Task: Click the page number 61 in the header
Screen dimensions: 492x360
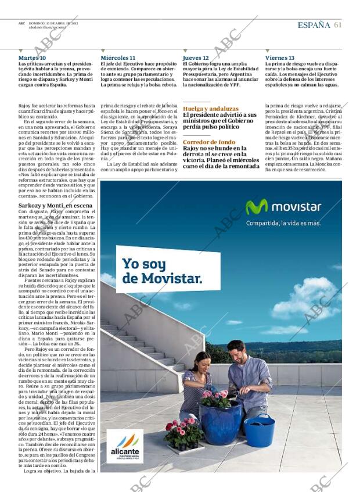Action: [338, 25]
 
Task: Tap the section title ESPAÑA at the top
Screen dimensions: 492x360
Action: [314, 25]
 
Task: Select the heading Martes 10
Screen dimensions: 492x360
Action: [32, 58]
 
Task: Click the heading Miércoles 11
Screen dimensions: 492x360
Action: [118, 58]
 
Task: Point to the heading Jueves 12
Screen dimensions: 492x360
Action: [196, 58]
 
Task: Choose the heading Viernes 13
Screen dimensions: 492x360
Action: [280, 58]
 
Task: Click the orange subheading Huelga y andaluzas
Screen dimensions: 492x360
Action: [210, 109]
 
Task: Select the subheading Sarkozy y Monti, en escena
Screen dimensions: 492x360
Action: [55, 206]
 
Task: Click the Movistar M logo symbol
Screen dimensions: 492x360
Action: [257, 207]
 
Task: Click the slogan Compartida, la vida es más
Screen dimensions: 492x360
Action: [283, 223]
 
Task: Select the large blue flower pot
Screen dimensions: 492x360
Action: [221, 423]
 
